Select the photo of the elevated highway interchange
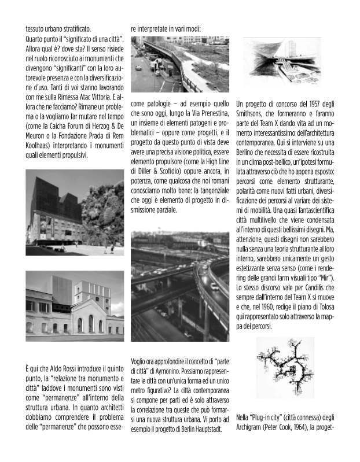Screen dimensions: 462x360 click(179, 286)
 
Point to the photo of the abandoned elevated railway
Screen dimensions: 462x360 click(179, 64)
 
